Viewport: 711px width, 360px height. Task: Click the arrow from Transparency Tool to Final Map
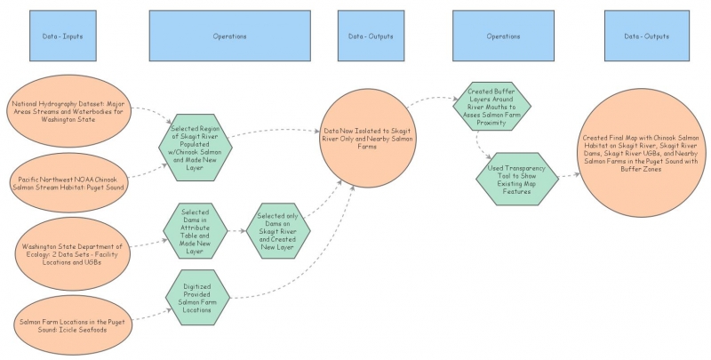coord(570,174)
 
